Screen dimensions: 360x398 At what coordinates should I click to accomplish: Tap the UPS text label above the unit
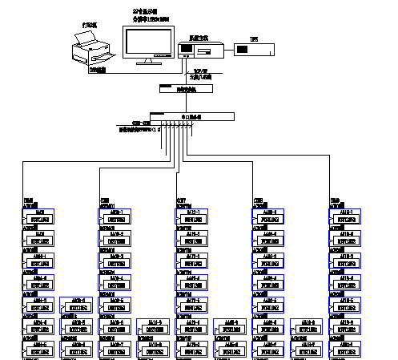click(x=255, y=38)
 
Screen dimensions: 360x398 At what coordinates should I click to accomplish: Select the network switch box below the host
click(x=187, y=90)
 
